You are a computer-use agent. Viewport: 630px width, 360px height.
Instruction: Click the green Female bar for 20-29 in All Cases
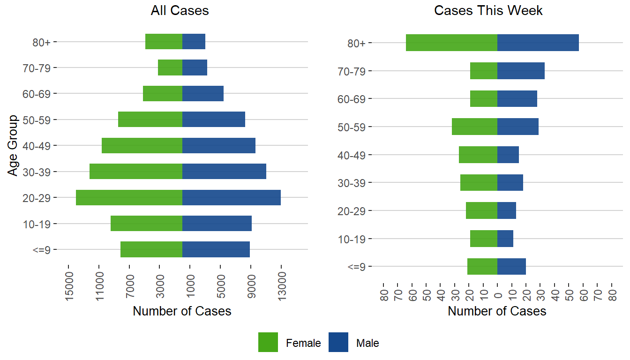(x=129, y=197)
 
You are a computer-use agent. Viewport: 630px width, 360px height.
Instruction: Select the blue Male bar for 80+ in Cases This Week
(x=538, y=43)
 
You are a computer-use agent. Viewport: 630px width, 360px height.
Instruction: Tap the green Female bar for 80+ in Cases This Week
(x=451, y=43)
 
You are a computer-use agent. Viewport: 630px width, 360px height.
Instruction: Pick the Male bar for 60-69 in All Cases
(x=202, y=93)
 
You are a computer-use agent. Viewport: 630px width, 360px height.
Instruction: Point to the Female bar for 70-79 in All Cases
(x=170, y=67)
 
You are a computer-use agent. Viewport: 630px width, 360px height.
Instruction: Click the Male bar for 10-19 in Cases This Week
(x=505, y=239)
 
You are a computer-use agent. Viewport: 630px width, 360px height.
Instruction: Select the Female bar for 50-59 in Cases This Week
(x=474, y=127)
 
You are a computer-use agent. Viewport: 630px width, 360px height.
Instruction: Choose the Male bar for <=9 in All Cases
(x=216, y=249)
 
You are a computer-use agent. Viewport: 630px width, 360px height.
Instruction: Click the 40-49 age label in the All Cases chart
(x=39, y=145)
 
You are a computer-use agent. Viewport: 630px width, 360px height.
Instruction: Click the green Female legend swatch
(x=268, y=342)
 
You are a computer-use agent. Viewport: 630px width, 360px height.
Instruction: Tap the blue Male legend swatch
(x=338, y=342)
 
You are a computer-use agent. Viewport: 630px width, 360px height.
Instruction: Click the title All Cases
(x=180, y=11)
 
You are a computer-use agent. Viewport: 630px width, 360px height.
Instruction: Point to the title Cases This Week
(x=488, y=11)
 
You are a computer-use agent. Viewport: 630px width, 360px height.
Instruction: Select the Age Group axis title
(x=13, y=145)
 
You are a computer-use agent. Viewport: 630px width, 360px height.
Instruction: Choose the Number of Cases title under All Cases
(x=182, y=311)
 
